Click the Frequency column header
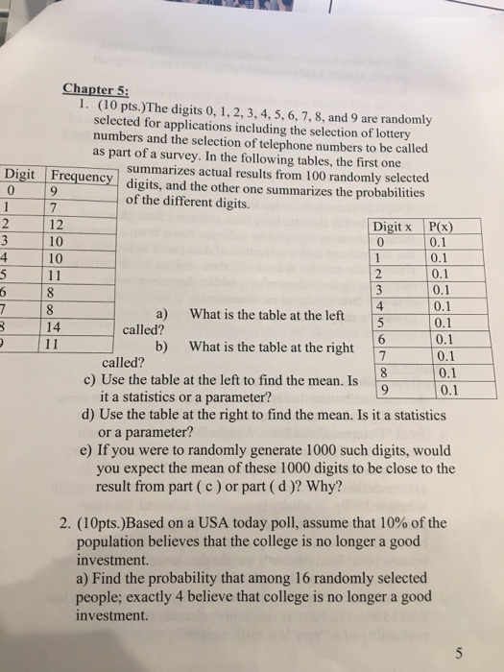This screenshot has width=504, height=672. tap(81, 176)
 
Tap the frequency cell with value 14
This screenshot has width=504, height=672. tap(59, 325)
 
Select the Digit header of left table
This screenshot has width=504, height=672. tap(21, 174)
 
